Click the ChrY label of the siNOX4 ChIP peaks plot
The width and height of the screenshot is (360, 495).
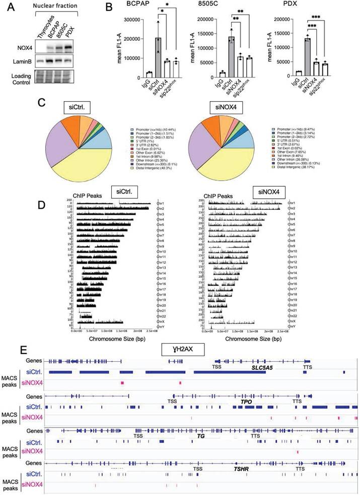click(x=291, y=326)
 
